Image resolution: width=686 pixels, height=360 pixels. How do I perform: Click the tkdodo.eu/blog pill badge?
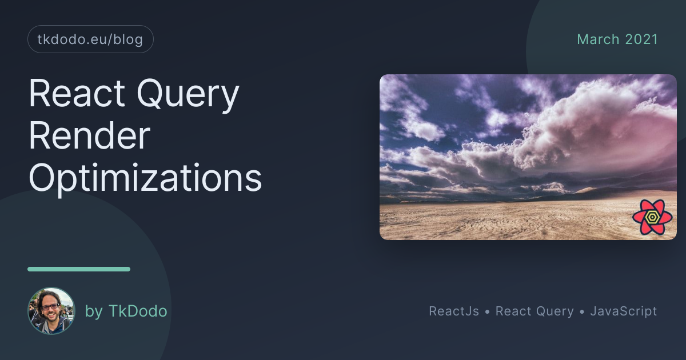(x=90, y=39)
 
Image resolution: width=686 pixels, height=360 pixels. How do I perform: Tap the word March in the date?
(x=598, y=39)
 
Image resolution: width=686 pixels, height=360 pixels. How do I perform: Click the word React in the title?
(x=77, y=93)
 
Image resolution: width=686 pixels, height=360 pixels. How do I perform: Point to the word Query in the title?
(x=188, y=95)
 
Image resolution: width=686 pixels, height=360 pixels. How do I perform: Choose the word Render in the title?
(x=89, y=135)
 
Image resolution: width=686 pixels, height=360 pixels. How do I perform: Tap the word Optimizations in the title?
(x=145, y=179)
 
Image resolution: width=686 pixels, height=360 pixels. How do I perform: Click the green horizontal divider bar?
(x=79, y=269)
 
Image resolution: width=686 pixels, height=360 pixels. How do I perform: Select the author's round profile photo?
(x=51, y=310)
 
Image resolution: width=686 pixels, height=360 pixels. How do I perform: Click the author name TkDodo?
(x=138, y=311)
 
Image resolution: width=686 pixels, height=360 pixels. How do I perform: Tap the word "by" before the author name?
(x=94, y=311)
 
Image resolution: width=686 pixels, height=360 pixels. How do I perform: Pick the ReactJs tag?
(x=454, y=311)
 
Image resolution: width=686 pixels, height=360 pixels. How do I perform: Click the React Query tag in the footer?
(x=535, y=311)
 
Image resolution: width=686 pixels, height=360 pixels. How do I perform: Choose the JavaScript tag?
(x=624, y=311)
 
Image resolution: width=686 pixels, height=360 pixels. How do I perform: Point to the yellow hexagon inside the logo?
(x=652, y=217)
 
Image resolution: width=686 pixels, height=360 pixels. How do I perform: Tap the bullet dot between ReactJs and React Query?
(x=487, y=311)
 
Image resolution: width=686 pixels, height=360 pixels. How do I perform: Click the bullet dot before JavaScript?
(x=582, y=311)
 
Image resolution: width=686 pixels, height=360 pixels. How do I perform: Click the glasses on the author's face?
(x=50, y=306)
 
